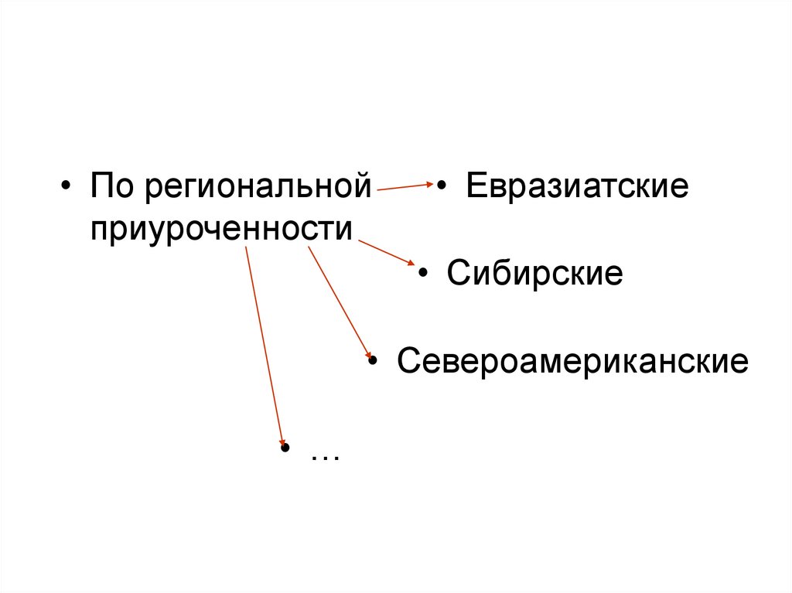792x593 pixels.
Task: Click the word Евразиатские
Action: click(576, 188)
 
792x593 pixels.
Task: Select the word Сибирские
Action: click(534, 274)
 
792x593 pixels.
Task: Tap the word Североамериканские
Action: click(572, 361)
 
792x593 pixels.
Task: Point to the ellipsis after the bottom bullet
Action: click(326, 455)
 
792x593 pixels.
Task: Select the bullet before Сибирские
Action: click(423, 276)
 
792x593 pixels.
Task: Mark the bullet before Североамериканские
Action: click(373, 362)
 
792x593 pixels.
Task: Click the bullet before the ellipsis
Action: click(285, 449)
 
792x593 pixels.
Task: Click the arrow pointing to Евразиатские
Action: click(404, 186)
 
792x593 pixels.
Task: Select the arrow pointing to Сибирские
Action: click(387, 253)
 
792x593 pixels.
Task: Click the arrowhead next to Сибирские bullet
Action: click(411, 264)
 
